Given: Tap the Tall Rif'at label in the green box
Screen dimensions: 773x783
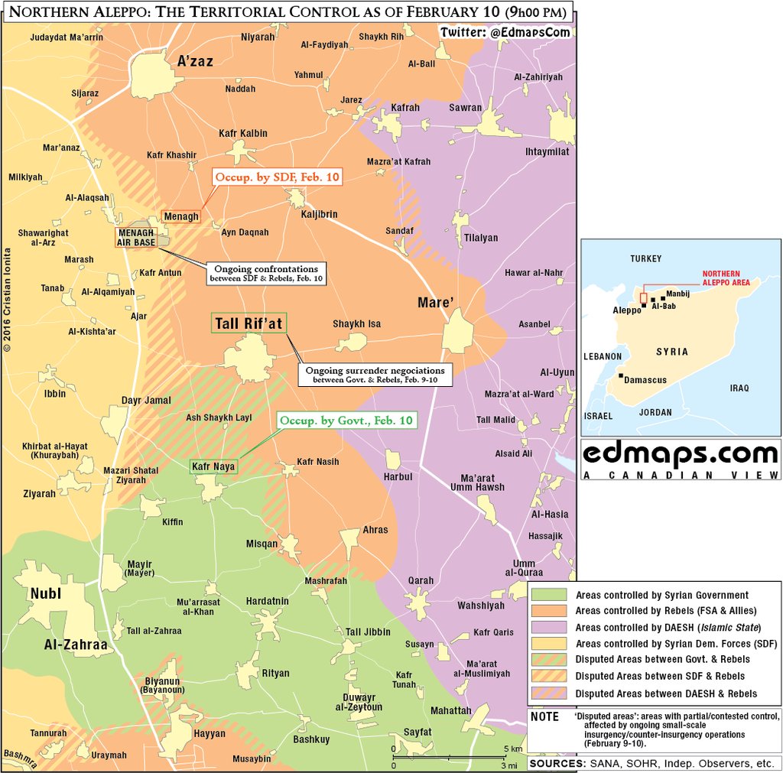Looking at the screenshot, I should coord(247,324).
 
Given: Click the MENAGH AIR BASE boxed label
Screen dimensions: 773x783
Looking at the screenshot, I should coord(135,237).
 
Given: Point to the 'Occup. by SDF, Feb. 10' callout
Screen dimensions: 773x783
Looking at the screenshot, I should coord(276,177).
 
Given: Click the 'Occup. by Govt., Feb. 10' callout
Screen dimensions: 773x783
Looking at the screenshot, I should coord(346,421).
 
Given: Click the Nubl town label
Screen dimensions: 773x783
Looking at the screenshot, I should coord(45,593).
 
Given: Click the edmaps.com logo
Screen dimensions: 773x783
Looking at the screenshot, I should coord(680,456).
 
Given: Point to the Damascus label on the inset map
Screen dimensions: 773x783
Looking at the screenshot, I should coord(645,379).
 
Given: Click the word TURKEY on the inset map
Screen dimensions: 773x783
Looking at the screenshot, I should coord(645,259).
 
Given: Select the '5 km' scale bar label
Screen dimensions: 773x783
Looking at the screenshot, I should coord(512,748).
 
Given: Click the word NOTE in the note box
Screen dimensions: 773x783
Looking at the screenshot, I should coord(544,716).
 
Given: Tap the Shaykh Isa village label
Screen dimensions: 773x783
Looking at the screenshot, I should coord(356,324).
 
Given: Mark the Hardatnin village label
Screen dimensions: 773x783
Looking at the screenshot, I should coord(267,602).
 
